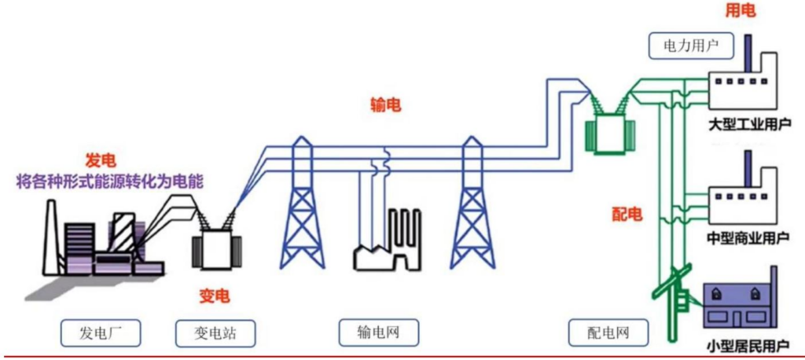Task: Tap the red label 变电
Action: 215,296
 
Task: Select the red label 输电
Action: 385,105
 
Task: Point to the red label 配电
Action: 627,215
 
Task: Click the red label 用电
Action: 741,12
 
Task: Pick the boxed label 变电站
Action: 215,333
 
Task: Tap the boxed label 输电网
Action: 379,333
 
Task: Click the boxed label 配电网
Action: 608,333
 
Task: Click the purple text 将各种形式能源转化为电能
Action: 110,182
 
